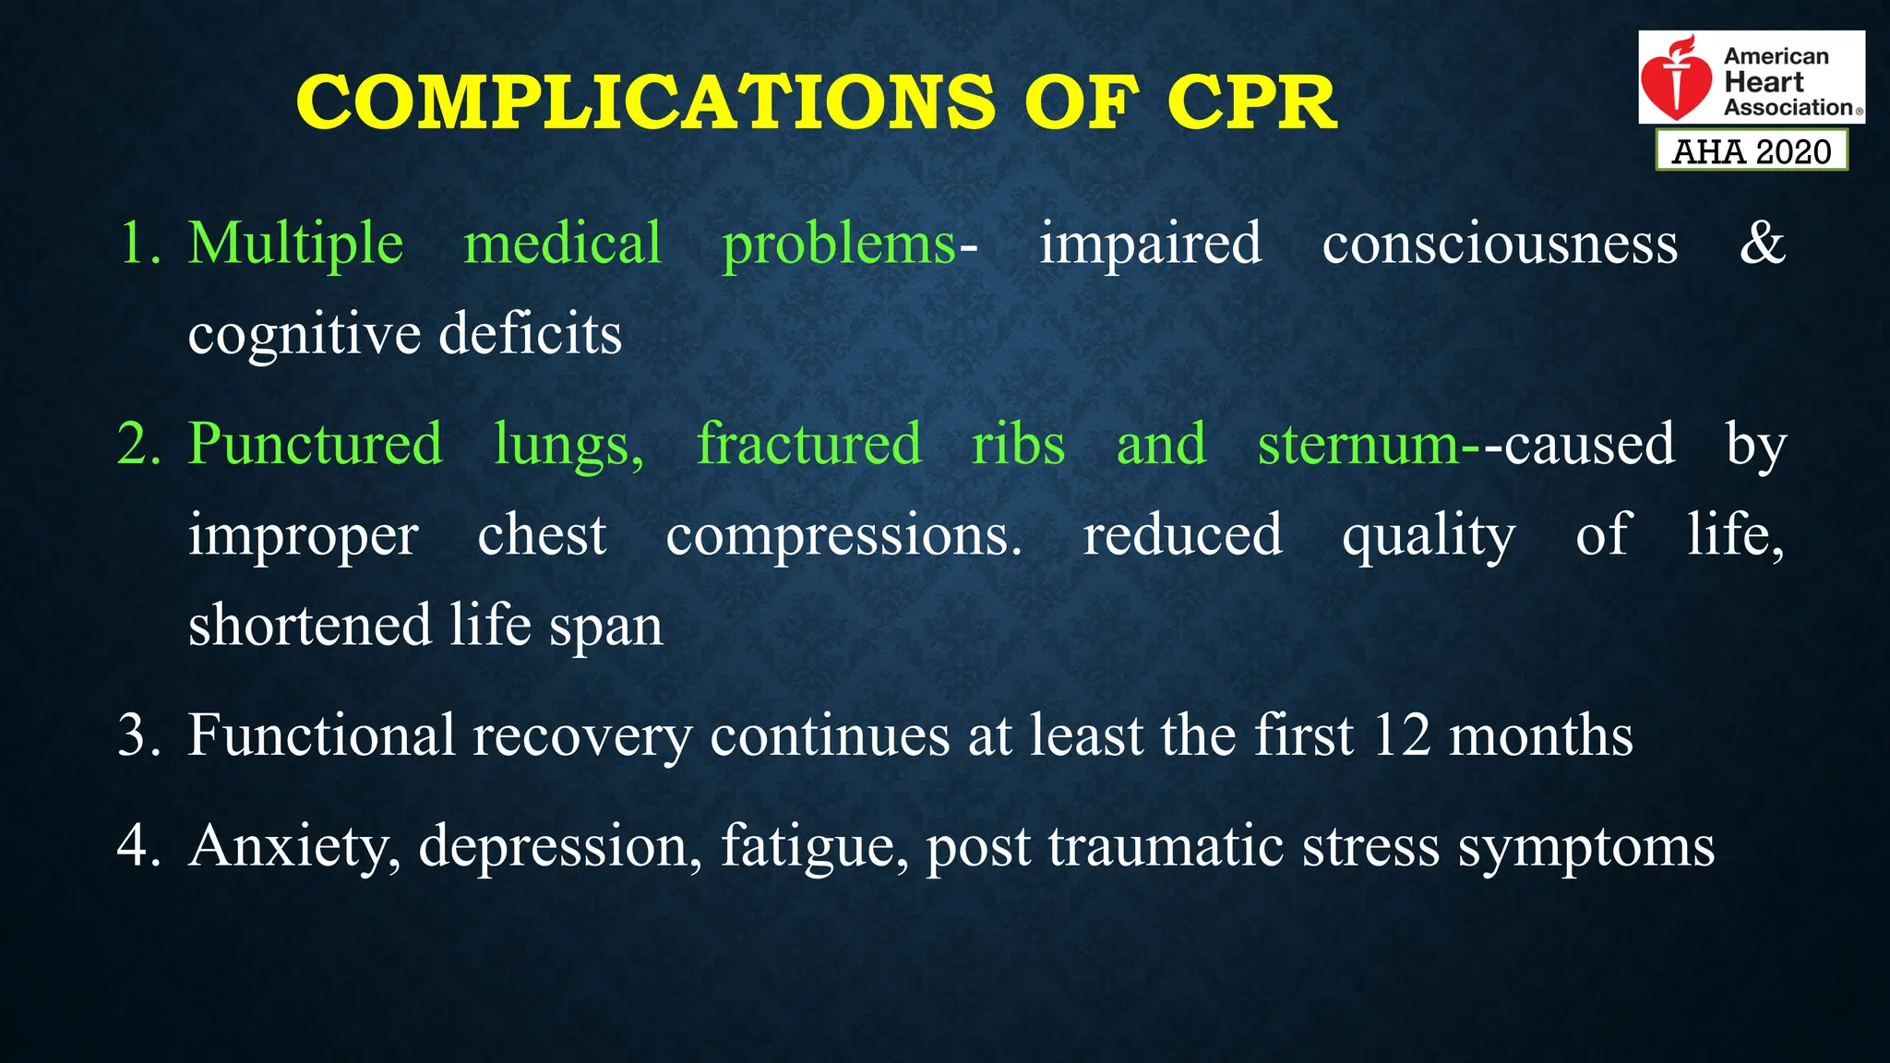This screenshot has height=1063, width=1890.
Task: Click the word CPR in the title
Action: point(1251,102)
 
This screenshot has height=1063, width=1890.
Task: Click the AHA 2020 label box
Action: point(1752,151)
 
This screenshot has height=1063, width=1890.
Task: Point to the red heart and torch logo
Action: point(1676,79)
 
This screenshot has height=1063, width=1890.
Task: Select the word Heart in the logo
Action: point(1764,82)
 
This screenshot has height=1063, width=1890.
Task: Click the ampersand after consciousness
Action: point(1762,244)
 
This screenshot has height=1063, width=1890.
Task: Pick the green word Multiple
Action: point(295,244)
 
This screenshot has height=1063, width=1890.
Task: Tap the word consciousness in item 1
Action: point(1500,244)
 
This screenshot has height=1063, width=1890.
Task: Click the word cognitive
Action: point(305,334)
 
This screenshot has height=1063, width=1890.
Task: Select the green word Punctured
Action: point(315,444)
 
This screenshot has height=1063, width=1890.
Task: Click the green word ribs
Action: point(1018,444)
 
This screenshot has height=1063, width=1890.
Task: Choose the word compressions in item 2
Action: point(843,534)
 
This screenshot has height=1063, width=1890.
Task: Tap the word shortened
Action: point(309,625)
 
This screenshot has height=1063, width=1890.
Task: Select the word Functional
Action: point(322,735)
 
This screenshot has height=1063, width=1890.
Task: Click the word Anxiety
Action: point(294,846)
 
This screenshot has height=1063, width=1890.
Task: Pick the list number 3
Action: point(139,735)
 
